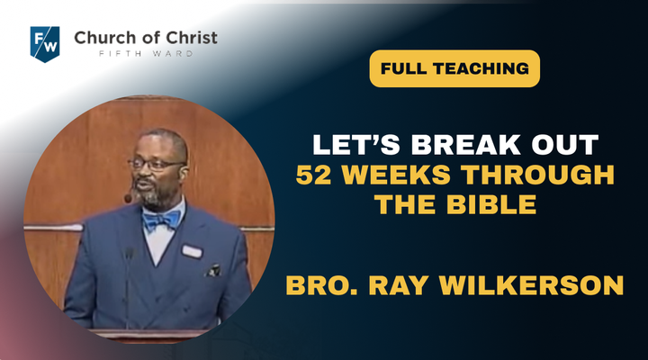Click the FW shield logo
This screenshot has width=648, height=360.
pos(45,44)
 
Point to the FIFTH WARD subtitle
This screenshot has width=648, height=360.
pos(146,54)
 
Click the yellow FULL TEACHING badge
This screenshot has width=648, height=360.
pos(454,68)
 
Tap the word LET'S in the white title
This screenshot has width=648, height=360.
pos(356,145)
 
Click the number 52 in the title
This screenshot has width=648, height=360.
pos(314,175)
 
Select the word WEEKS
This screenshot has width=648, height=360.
pos(396,175)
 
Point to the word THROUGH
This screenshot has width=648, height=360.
pos(537,175)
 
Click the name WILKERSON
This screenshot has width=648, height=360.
pos(531,285)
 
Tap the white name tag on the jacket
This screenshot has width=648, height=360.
pos(192,251)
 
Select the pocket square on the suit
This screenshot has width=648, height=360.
pos(213,270)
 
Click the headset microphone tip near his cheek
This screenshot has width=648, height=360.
pos(128,198)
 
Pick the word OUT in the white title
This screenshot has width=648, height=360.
pos(565,145)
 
